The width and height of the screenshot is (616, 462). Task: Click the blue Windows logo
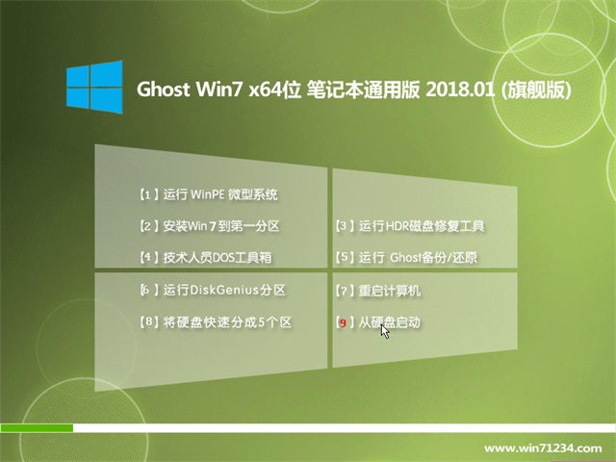94,88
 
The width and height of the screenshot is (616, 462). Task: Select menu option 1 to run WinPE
209,194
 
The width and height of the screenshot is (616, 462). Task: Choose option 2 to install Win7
210,226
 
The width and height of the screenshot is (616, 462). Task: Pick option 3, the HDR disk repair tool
410,226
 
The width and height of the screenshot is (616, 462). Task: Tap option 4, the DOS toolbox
205,257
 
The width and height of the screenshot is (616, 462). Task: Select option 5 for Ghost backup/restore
406,257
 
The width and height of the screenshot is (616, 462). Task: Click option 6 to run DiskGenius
213,290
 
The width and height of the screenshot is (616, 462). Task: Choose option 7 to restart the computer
377,291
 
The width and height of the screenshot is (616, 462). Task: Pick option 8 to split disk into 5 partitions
216,322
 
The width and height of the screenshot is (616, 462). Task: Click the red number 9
343,323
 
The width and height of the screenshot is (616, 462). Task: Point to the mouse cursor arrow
385,331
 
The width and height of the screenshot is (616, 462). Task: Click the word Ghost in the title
163,90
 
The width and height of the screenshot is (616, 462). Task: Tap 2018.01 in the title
460,90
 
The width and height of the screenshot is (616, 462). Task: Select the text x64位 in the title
274,90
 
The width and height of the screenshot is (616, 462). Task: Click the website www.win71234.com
543,449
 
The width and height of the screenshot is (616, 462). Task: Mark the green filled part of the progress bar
37,427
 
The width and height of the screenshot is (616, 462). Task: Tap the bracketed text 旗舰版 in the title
536,90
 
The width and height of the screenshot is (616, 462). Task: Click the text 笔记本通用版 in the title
364,90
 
